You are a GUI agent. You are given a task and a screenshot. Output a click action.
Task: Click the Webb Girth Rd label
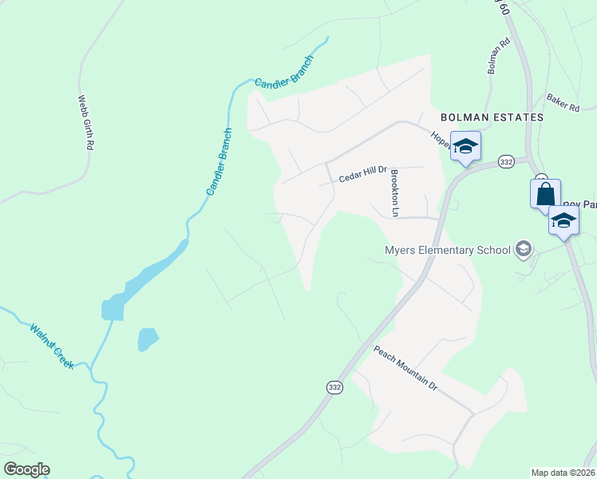[86, 124]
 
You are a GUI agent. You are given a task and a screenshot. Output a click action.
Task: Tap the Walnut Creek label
[52, 346]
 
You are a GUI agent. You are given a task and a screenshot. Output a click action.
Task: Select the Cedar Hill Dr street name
[362, 174]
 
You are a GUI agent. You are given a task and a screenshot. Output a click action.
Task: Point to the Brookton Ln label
[394, 192]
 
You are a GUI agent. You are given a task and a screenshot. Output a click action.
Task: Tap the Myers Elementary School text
[447, 250]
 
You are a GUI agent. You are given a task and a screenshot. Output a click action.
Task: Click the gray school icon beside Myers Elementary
[524, 250]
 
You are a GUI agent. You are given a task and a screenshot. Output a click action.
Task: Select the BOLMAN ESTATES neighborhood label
[487, 117]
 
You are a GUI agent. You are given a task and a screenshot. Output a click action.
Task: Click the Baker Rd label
[563, 104]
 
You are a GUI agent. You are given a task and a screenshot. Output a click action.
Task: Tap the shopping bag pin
[545, 193]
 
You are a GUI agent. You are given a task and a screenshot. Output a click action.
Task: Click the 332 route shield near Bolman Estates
[505, 162]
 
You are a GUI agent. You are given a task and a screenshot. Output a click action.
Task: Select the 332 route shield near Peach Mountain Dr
[334, 386]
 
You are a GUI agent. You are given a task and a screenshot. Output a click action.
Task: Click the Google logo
[26, 469]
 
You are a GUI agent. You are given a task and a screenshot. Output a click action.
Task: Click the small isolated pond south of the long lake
[148, 339]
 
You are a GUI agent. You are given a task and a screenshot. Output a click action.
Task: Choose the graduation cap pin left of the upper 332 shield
[465, 146]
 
